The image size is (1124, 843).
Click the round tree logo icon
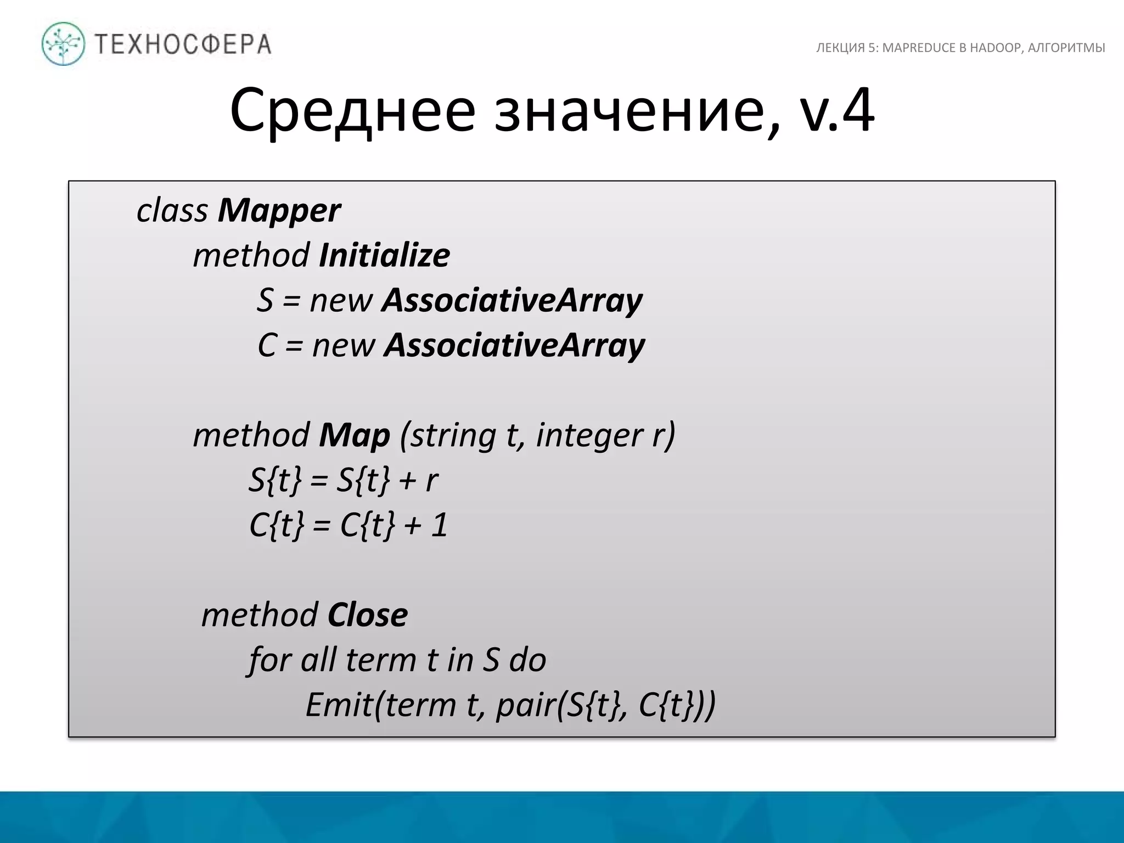(x=63, y=44)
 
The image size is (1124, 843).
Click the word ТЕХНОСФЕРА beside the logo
(x=183, y=44)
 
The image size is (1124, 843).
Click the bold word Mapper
(x=279, y=211)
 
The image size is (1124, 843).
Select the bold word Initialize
(x=384, y=256)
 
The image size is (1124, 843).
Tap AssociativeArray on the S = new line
(x=512, y=301)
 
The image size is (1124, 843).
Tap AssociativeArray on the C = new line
(x=514, y=346)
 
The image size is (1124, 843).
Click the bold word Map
(x=354, y=436)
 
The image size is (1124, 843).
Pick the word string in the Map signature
(x=453, y=436)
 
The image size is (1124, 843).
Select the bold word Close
(x=367, y=615)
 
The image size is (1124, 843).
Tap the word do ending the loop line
(x=527, y=660)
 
